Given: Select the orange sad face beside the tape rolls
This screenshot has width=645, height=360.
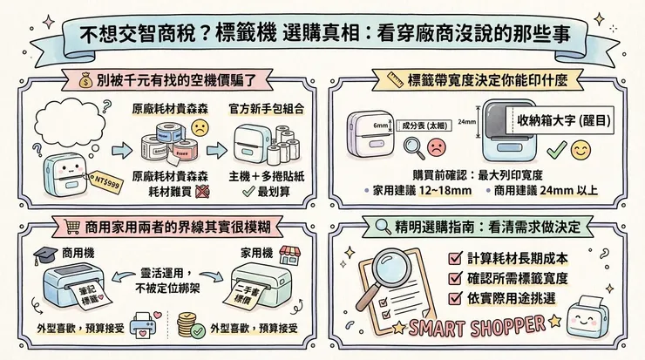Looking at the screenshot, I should pos(200,128).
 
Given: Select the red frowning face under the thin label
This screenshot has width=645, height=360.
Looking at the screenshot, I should pos(435,144).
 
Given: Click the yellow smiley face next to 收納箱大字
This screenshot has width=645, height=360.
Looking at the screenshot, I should pos(580,150).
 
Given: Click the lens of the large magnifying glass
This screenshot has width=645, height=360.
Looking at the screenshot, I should pos(389,271).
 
